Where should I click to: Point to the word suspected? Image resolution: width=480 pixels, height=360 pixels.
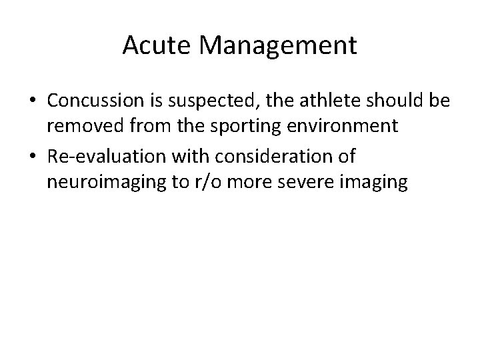tap(199, 102)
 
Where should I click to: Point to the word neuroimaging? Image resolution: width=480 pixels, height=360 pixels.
tap(95, 182)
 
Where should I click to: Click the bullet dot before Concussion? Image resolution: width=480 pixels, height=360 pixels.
tap(32, 102)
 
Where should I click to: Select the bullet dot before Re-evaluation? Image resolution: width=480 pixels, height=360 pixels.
tap(32, 157)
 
